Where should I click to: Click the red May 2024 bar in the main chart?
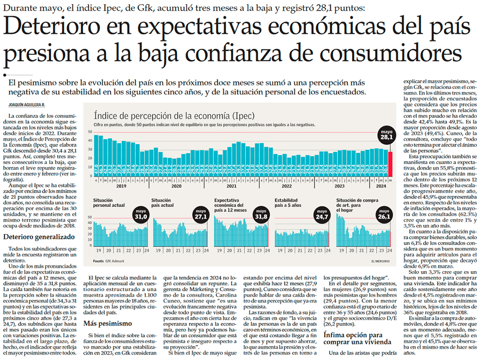pyautogui.click(x=390, y=164)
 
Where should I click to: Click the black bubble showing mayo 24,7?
pyautogui.click(x=322, y=215)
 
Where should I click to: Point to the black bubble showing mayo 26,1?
pyautogui.click(x=384, y=215)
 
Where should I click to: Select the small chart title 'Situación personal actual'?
pyautogui.click(x=109, y=202)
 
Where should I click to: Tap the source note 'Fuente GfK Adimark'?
pyautogui.click(x=109, y=261)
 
